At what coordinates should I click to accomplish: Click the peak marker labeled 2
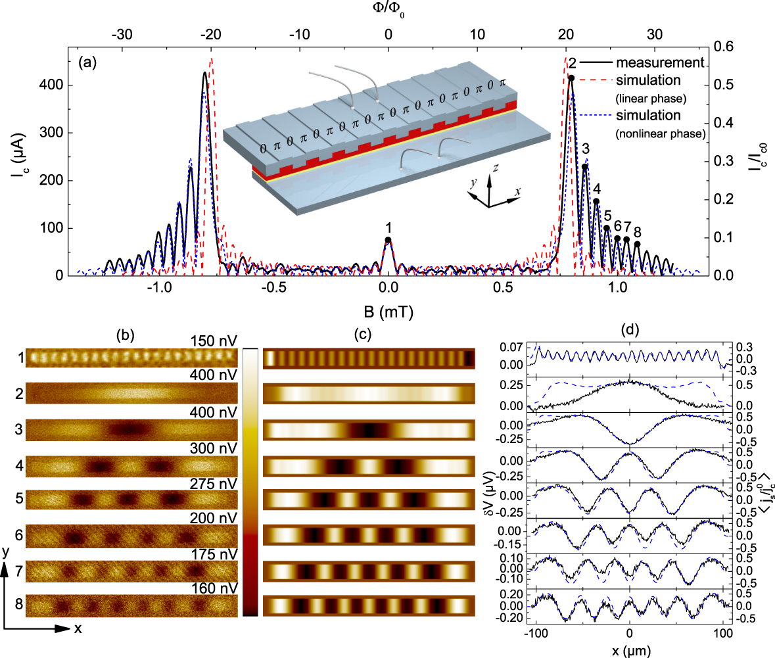pyautogui.click(x=571, y=78)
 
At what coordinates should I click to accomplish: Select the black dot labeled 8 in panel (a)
pyautogui.click(x=637, y=244)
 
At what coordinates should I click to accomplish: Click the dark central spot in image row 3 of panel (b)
pyautogui.click(x=129, y=430)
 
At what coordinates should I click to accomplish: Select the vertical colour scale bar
pyautogui.click(x=250, y=481)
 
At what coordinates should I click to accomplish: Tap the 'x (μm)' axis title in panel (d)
pyautogui.click(x=630, y=649)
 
